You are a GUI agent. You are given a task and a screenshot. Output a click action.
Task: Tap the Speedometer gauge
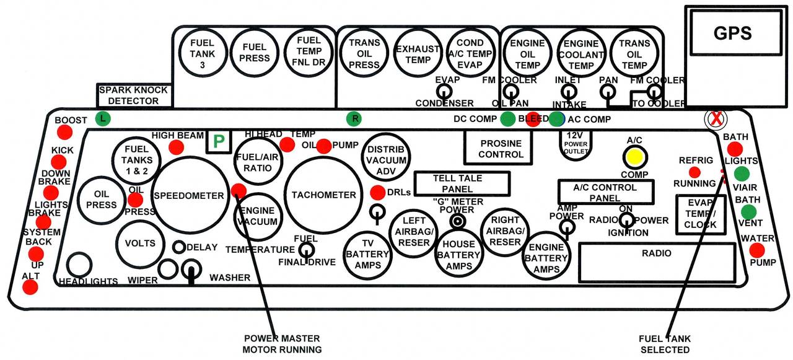point(188,196)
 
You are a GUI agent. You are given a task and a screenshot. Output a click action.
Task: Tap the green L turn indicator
point(102,118)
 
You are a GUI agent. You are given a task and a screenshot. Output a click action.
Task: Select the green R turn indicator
point(354,118)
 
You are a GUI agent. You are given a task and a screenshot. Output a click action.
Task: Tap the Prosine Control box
point(501,149)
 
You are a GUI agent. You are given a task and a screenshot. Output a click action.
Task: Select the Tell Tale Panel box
point(462,183)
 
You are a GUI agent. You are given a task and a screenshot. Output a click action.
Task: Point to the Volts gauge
point(140,243)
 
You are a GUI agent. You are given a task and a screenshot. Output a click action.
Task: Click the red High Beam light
point(177,147)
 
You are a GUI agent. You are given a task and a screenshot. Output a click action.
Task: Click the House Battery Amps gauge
point(458,255)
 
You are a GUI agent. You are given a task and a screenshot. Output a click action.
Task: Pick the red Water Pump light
point(756,250)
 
